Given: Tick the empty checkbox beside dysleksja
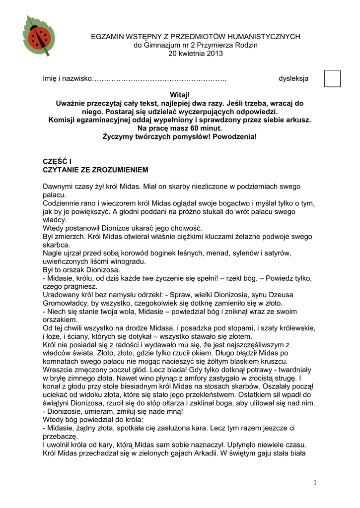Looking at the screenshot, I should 332,78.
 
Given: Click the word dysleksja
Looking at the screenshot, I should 293,78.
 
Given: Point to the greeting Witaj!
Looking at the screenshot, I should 180,95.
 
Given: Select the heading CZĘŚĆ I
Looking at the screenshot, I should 57,162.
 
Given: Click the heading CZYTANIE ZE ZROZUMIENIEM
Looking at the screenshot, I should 95,170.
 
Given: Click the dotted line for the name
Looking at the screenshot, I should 159,78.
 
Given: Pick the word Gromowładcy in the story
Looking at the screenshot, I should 65,303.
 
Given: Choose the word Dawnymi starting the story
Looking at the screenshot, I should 59,186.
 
